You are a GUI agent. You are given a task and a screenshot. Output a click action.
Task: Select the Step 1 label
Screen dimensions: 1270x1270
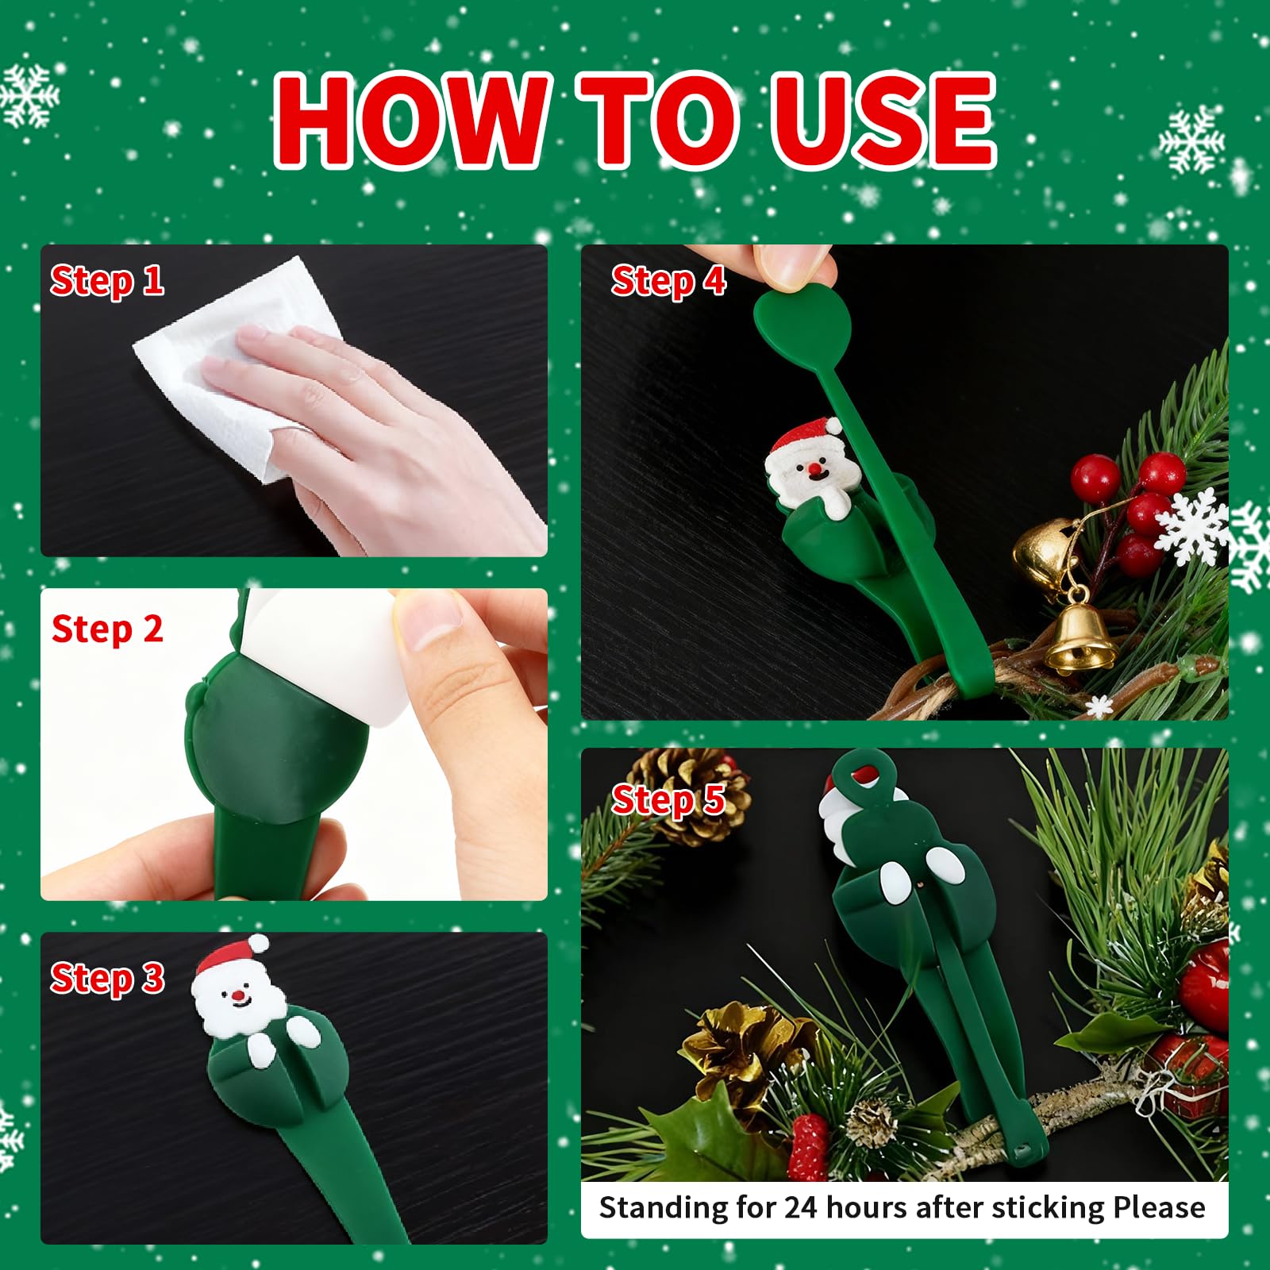107,281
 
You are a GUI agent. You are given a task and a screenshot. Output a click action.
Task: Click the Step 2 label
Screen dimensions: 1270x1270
107,629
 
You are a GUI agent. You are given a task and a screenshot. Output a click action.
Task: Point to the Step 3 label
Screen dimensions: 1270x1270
107,978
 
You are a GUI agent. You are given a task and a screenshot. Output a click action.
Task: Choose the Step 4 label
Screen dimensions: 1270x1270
668,281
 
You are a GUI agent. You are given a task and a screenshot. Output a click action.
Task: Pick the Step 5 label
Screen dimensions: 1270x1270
668,799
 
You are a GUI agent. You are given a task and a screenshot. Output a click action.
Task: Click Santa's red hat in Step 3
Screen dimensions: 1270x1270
230,955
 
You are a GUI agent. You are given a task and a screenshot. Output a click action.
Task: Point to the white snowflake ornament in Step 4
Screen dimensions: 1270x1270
1191,526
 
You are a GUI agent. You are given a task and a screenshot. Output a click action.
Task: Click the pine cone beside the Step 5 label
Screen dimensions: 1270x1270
691,794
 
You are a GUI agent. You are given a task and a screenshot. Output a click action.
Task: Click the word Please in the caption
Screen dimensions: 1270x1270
1159,1207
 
